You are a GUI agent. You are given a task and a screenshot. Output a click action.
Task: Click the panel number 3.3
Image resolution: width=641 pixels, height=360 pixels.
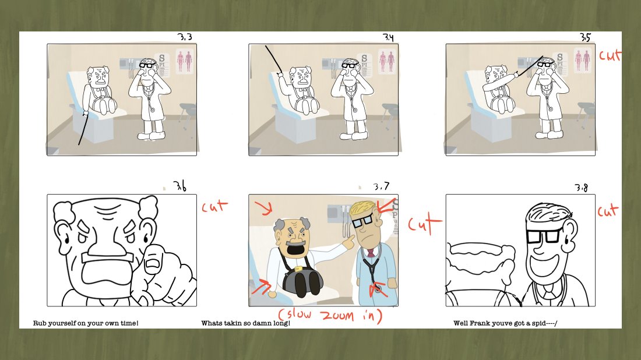pyautogui.click(x=185, y=37)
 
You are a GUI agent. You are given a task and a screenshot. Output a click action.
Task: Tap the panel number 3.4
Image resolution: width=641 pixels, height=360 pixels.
pyautogui.click(x=388, y=37)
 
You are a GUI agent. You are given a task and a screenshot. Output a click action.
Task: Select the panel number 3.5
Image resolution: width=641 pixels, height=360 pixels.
pyautogui.click(x=585, y=37)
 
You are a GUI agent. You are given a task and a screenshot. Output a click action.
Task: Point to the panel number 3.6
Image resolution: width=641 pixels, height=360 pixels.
pyautogui.click(x=179, y=186)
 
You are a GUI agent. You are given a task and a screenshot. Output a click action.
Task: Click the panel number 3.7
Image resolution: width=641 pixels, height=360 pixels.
pyautogui.click(x=381, y=187)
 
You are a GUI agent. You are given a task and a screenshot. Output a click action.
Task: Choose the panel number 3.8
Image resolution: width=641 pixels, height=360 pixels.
pyautogui.click(x=582, y=188)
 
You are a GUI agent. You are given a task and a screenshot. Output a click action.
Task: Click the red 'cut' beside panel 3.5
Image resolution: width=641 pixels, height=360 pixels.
pyautogui.click(x=610, y=55)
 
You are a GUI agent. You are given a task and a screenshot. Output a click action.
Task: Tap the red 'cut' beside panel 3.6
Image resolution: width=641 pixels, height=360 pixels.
pyautogui.click(x=214, y=206)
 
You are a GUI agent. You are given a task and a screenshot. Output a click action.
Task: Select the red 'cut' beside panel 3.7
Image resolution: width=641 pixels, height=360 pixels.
pyautogui.click(x=425, y=224)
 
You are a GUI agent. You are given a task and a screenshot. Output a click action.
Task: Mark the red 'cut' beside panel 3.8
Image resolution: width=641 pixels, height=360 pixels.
pyautogui.click(x=608, y=211)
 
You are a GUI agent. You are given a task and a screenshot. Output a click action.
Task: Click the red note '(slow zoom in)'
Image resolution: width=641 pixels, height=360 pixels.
pyautogui.click(x=330, y=316)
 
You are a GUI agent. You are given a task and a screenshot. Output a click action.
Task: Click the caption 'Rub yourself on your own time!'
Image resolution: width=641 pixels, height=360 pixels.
pyautogui.click(x=86, y=323)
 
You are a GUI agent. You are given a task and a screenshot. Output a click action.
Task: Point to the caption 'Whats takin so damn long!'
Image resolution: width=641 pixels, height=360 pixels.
pyautogui.click(x=246, y=323)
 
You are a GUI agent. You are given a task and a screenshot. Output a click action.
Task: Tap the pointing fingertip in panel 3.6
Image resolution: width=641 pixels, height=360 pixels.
pyautogui.click(x=153, y=262)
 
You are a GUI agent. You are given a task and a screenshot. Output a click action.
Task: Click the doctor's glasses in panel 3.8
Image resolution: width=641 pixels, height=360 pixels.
pyautogui.click(x=543, y=236)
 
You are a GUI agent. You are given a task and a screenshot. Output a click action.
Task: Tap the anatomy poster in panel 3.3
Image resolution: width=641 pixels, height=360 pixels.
pyautogui.click(x=184, y=61)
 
